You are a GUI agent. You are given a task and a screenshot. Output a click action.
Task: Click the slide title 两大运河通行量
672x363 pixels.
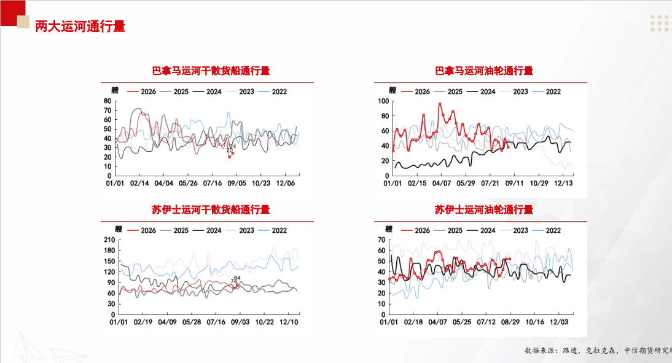(80, 26)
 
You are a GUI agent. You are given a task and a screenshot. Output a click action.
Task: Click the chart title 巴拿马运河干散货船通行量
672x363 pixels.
(211, 71)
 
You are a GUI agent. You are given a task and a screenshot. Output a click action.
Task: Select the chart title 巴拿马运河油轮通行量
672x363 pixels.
(484, 71)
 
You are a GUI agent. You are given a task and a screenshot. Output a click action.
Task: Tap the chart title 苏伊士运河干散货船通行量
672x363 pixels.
(211, 209)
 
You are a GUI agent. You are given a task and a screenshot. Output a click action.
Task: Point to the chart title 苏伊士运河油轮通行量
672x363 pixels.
(484, 209)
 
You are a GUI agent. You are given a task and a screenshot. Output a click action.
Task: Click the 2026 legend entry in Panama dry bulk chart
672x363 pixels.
(142, 92)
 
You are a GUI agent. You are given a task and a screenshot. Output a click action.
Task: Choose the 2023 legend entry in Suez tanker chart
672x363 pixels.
(514, 230)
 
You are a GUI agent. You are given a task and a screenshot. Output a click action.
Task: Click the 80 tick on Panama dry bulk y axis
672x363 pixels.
(107, 101)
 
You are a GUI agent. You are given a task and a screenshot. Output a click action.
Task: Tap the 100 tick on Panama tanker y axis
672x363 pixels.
(383, 101)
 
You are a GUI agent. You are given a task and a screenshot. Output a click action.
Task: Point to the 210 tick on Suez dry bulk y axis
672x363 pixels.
(109, 240)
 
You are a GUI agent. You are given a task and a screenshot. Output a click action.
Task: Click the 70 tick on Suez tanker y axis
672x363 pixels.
(381, 240)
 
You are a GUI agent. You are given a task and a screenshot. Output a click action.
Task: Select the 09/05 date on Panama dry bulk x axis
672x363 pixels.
(236, 184)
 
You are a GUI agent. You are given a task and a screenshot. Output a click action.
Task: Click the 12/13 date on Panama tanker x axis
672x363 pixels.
(563, 184)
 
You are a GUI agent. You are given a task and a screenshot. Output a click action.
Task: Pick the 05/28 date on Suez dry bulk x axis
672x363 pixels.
(192, 322)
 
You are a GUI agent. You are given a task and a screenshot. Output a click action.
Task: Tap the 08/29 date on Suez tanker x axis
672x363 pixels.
(510, 322)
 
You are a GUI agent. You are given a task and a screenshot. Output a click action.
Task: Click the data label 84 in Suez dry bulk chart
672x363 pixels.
(238, 278)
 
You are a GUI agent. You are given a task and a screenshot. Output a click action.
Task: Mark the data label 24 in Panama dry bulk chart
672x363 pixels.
(233, 147)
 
